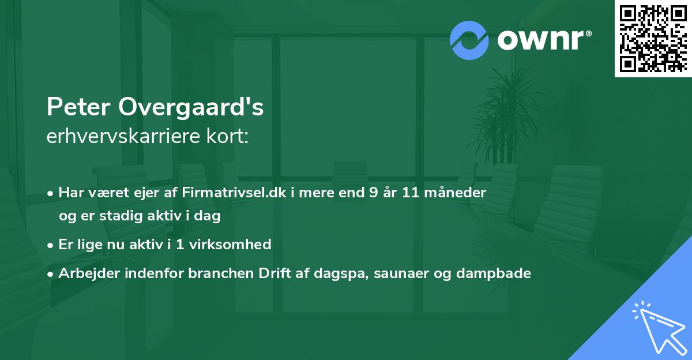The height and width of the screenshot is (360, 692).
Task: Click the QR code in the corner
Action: (653, 38)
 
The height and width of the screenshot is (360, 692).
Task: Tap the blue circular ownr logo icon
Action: (469, 40)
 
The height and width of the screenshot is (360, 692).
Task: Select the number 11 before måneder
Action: (411, 192)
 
